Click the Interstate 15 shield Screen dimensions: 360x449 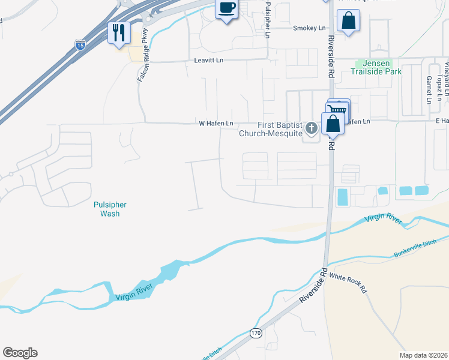(80, 44)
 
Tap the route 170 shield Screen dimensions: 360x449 (256, 332)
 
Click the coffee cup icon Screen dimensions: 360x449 (227, 9)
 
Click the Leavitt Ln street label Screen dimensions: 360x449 (209, 61)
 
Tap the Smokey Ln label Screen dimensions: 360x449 (309, 28)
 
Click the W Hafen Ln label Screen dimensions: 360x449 (216, 124)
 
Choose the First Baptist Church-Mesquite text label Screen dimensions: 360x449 (272, 128)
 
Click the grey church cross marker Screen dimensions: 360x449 (311, 128)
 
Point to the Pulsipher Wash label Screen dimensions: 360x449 (110, 209)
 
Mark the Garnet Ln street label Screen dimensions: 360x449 (429, 89)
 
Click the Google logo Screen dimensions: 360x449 (20, 353)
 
